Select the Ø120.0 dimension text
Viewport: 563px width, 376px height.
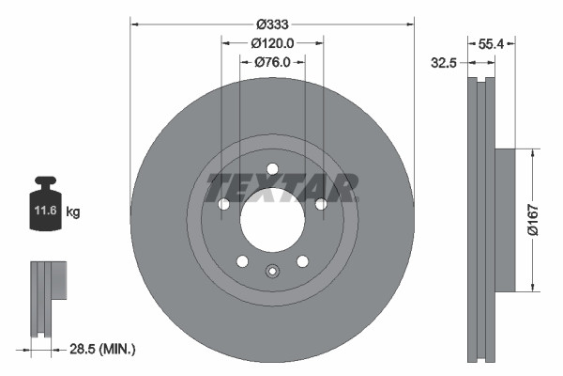point(273,43)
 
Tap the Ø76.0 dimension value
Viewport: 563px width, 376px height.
point(280,62)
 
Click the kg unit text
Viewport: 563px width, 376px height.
point(73,213)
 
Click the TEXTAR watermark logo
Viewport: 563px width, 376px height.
point(281,187)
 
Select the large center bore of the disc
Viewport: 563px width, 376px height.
point(272,220)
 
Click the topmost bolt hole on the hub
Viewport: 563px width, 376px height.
point(272,169)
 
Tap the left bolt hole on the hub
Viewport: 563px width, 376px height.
point(223,205)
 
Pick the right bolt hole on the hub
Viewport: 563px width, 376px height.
point(321,205)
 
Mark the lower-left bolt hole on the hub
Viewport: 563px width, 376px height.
point(242,261)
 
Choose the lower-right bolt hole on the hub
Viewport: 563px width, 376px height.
point(302,261)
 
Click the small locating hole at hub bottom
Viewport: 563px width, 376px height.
point(272,273)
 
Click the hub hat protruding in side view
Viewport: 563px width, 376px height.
point(504,218)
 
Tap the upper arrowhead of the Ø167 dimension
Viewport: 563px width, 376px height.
point(533,151)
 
